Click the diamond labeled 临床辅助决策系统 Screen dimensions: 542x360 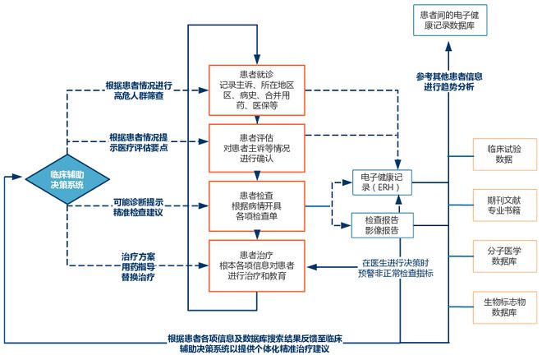(x=67, y=179)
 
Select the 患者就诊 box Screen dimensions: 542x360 (x=257, y=90)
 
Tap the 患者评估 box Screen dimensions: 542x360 (x=257, y=149)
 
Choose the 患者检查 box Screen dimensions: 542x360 (x=257, y=206)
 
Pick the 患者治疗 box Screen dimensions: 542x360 (x=257, y=266)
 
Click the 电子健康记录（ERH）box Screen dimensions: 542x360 (x=382, y=182)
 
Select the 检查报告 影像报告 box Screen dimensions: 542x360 (x=383, y=225)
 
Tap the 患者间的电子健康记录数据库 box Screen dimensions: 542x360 (x=450, y=20)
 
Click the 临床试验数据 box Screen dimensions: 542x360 (x=505, y=155)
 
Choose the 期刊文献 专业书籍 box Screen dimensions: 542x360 (x=505, y=205)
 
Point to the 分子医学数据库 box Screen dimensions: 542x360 (x=505, y=256)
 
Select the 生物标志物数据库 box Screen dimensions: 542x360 (x=505, y=307)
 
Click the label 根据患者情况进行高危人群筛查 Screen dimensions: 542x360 (x=139, y=90)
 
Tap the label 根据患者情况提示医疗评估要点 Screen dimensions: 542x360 (x=139, y=142)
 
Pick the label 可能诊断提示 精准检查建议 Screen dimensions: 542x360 (x=138, y=207)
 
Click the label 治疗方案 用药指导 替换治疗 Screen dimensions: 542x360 (x=138, y=266)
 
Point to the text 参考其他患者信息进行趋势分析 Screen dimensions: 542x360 (x=449, y=81)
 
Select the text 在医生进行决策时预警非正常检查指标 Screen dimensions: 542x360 (x=396, y=268)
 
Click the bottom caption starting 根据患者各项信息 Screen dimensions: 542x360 (x=255, y=344)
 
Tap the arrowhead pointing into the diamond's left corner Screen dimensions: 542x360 (x=16, y=177)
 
